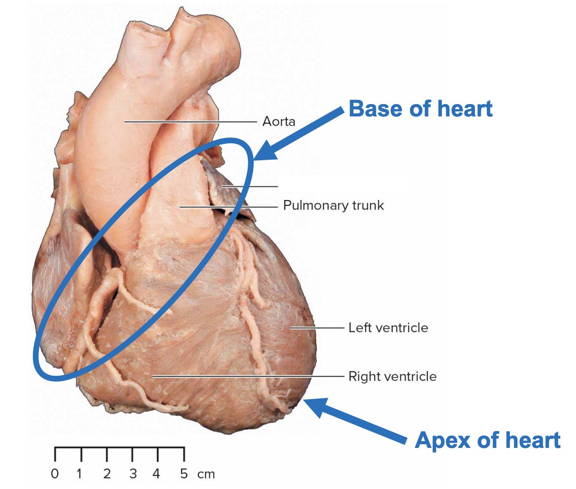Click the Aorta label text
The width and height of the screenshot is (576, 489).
pos(278,121)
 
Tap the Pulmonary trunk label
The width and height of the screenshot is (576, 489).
pos(333,205)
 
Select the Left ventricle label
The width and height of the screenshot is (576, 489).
pos(388,328)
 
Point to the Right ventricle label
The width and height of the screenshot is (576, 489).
pos(392,377)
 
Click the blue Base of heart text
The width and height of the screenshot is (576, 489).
pos(420,109)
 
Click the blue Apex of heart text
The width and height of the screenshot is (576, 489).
pos(487,441)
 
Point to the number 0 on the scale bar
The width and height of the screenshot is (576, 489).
pos(55,473)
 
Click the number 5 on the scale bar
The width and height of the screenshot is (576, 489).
pos(184,473)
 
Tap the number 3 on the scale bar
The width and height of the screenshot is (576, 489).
pos(133,473)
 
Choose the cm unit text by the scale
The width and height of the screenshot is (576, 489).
pos(206,474)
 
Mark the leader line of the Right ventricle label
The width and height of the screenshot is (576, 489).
pos(247,377)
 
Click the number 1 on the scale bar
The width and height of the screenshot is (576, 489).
pos(80,473)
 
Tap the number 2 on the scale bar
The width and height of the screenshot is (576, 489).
pos(107,473)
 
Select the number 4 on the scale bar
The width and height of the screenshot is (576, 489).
pos(156,473)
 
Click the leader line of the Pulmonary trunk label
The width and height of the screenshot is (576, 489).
pos(229,207)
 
